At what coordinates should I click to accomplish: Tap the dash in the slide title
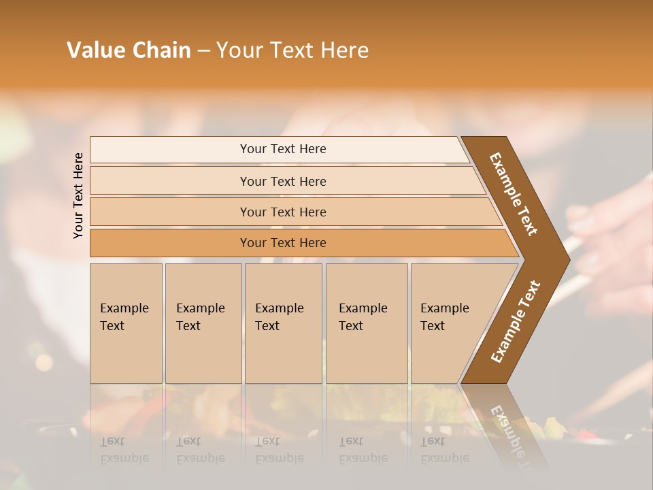pyautogui.click(x=203, y=51)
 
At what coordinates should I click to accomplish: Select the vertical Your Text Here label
pyautogui.click(x=78, y=195)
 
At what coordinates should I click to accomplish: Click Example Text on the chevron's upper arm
pyautogui.click(x=514, y=194)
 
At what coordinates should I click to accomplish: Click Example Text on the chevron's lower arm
pyautogui.click(x=516, y=322)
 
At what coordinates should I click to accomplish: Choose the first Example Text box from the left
pyautogui.click(x=126, y=323)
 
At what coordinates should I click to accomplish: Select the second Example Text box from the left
pyautogui.click(x=203, y=323)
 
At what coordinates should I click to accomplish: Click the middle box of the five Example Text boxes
pyautogui.click(x=283, y=323)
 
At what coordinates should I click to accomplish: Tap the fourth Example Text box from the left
pyautogui.click(x=367, y=323)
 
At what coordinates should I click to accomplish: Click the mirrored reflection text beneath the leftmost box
pyautogui.click(x=124, y=450)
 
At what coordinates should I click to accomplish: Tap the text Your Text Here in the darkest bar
pyautogui.click(x=283, y=243)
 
